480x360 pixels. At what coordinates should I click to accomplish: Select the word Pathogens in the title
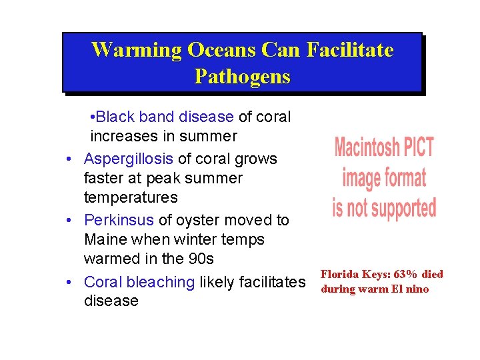pos(243,77)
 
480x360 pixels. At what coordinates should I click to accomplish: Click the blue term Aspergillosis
pos(129,159)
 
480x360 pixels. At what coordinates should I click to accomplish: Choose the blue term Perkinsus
pos(119,221)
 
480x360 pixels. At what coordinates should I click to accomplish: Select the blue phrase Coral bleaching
pos(139,282)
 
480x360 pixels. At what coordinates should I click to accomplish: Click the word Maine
pos(107,240)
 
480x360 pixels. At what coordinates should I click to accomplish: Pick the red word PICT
pos(417,147)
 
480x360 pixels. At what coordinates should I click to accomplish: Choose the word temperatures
pos(131,198)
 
